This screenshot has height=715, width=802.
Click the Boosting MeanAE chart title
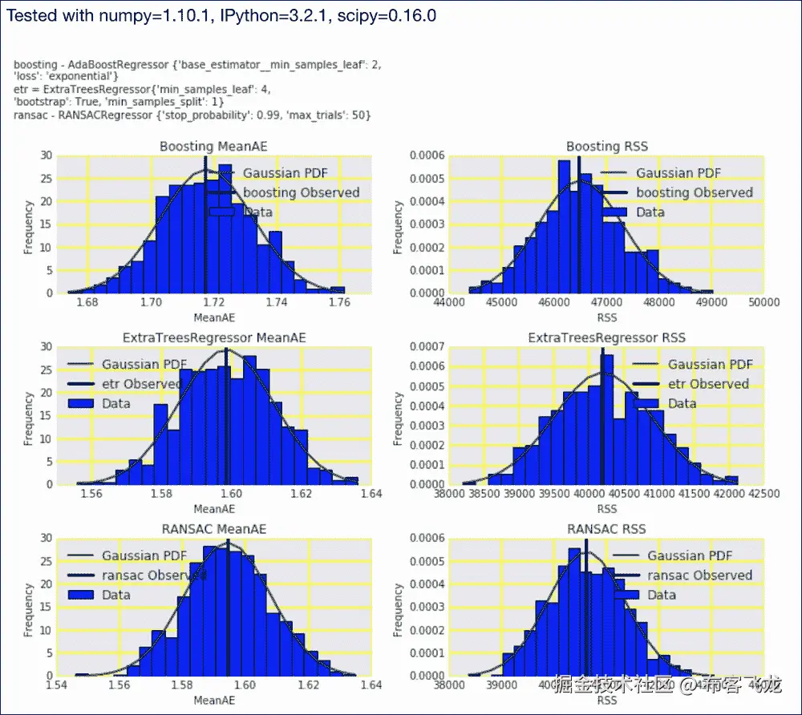(x=213, y=147)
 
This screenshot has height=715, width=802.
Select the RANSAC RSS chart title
(x=606, y=529)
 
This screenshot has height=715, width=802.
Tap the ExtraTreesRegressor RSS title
(x=606, y=338)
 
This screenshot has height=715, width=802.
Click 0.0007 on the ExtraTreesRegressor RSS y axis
(x=423, y=347)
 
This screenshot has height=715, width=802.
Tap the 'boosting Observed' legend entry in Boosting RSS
(x=695, y=192)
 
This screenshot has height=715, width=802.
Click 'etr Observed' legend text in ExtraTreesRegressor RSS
(x=708, y=384)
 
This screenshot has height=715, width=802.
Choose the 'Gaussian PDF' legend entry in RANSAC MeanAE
(x=144, y=555)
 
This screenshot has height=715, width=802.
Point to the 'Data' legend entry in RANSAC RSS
(x=662, y=595)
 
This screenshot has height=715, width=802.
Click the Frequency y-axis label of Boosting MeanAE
(x=29, y=224)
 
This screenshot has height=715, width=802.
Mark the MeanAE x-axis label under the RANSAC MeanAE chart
(x=213, y=701)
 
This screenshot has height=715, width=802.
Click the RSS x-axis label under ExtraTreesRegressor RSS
(x=606, y=509)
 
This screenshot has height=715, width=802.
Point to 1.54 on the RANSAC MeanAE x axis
(x=58, y=686)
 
